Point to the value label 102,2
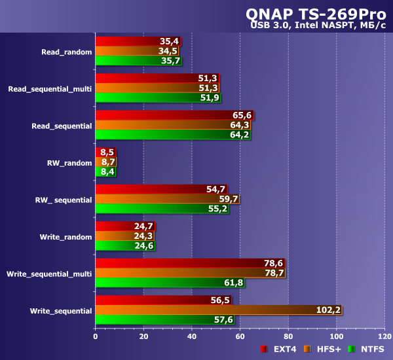point(328,310)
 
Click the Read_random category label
point(66,51)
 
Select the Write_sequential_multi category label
point(49,273)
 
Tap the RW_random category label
point(69,162)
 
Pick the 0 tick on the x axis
point(96,336)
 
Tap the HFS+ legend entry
point(325,350)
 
